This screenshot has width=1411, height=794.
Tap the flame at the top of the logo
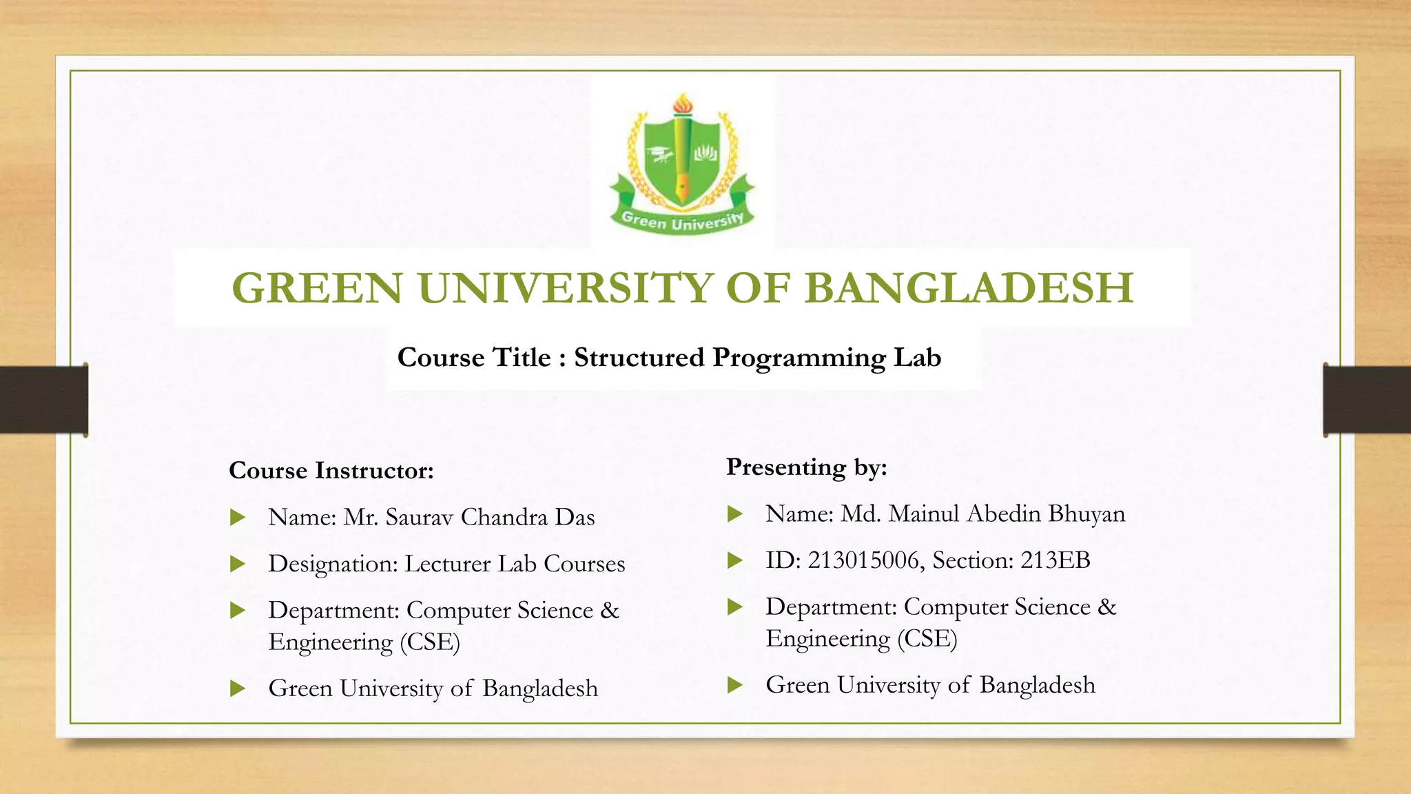tap(683, 104)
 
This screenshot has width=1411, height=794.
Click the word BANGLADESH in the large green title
tap(969, 288)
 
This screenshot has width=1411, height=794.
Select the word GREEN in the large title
tap(317, 288)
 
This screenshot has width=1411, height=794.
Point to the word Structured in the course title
tap(639, 358)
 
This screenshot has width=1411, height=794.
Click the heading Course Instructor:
tap(331, 471)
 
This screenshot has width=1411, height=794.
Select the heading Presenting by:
tap(807, 467)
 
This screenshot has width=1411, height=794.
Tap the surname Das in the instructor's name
tap(575, 518)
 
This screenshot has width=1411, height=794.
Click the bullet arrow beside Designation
tap(238, 564)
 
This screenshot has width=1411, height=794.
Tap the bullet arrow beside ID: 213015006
tap(735, 560)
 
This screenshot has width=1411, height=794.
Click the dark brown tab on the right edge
tap(1367, 400)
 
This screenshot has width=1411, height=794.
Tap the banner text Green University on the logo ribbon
tap(682, 221)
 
